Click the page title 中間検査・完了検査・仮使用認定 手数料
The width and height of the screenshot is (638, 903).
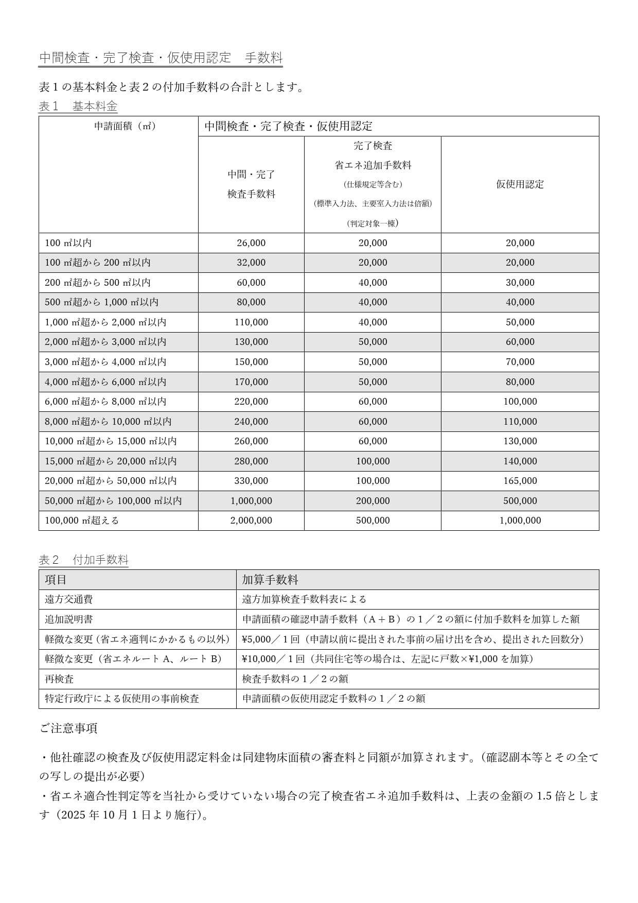tap(161, 58)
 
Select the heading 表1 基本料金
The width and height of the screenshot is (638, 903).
tap(78, 107)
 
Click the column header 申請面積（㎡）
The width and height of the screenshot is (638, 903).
tap(125, 126)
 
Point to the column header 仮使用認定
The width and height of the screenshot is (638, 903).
tap(520, 184)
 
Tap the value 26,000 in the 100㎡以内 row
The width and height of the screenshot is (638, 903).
tap(251, 243)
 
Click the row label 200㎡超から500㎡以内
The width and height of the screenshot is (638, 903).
tap(98, 283)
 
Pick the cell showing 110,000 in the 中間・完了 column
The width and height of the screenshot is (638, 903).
tap(251, 322)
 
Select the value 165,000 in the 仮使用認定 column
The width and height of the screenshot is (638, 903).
tap(520, 481)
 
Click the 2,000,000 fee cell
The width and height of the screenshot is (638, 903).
tap(251, 520)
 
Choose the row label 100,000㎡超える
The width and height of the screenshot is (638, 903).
tap(82, 520)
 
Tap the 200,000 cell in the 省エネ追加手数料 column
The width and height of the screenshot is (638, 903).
tap(373, 501)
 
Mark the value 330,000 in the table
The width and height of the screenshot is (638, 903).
tap(251, 481)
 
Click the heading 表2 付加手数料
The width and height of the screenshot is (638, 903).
tap(84, 560)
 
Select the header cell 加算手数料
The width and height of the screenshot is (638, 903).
tap(270, 580)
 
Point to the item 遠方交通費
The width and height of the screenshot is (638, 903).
tap(69, 599)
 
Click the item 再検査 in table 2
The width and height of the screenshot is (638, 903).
tap(59, 679)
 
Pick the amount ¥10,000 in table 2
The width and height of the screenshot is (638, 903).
tap(259, 659)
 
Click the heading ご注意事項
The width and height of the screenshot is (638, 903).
tap(68, 728)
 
